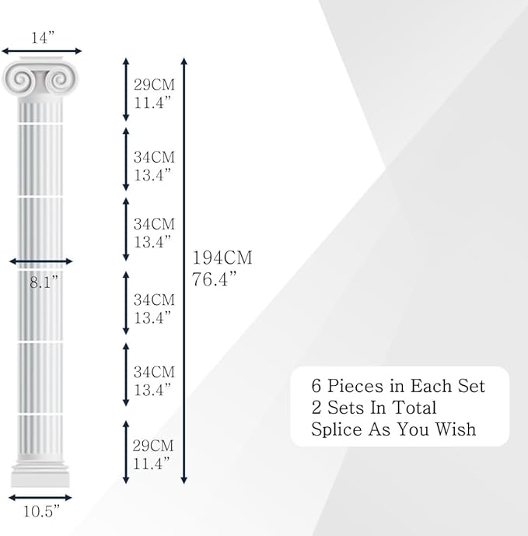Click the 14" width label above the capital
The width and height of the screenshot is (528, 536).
(x=43, y=37)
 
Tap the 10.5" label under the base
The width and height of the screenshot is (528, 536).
(x=41, y=512)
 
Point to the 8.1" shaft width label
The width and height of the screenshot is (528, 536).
(x=44, y=282)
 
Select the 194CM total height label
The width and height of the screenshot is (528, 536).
(x=222, y=257)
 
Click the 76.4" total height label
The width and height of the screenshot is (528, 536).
(x=214, y=279)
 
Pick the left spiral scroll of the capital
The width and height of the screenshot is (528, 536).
(x=20, y=80)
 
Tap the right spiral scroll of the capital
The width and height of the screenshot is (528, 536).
(x=60, y=80)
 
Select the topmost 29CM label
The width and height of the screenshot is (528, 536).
(x=154, y=85)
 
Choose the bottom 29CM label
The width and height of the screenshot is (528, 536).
(x=153, y=446)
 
